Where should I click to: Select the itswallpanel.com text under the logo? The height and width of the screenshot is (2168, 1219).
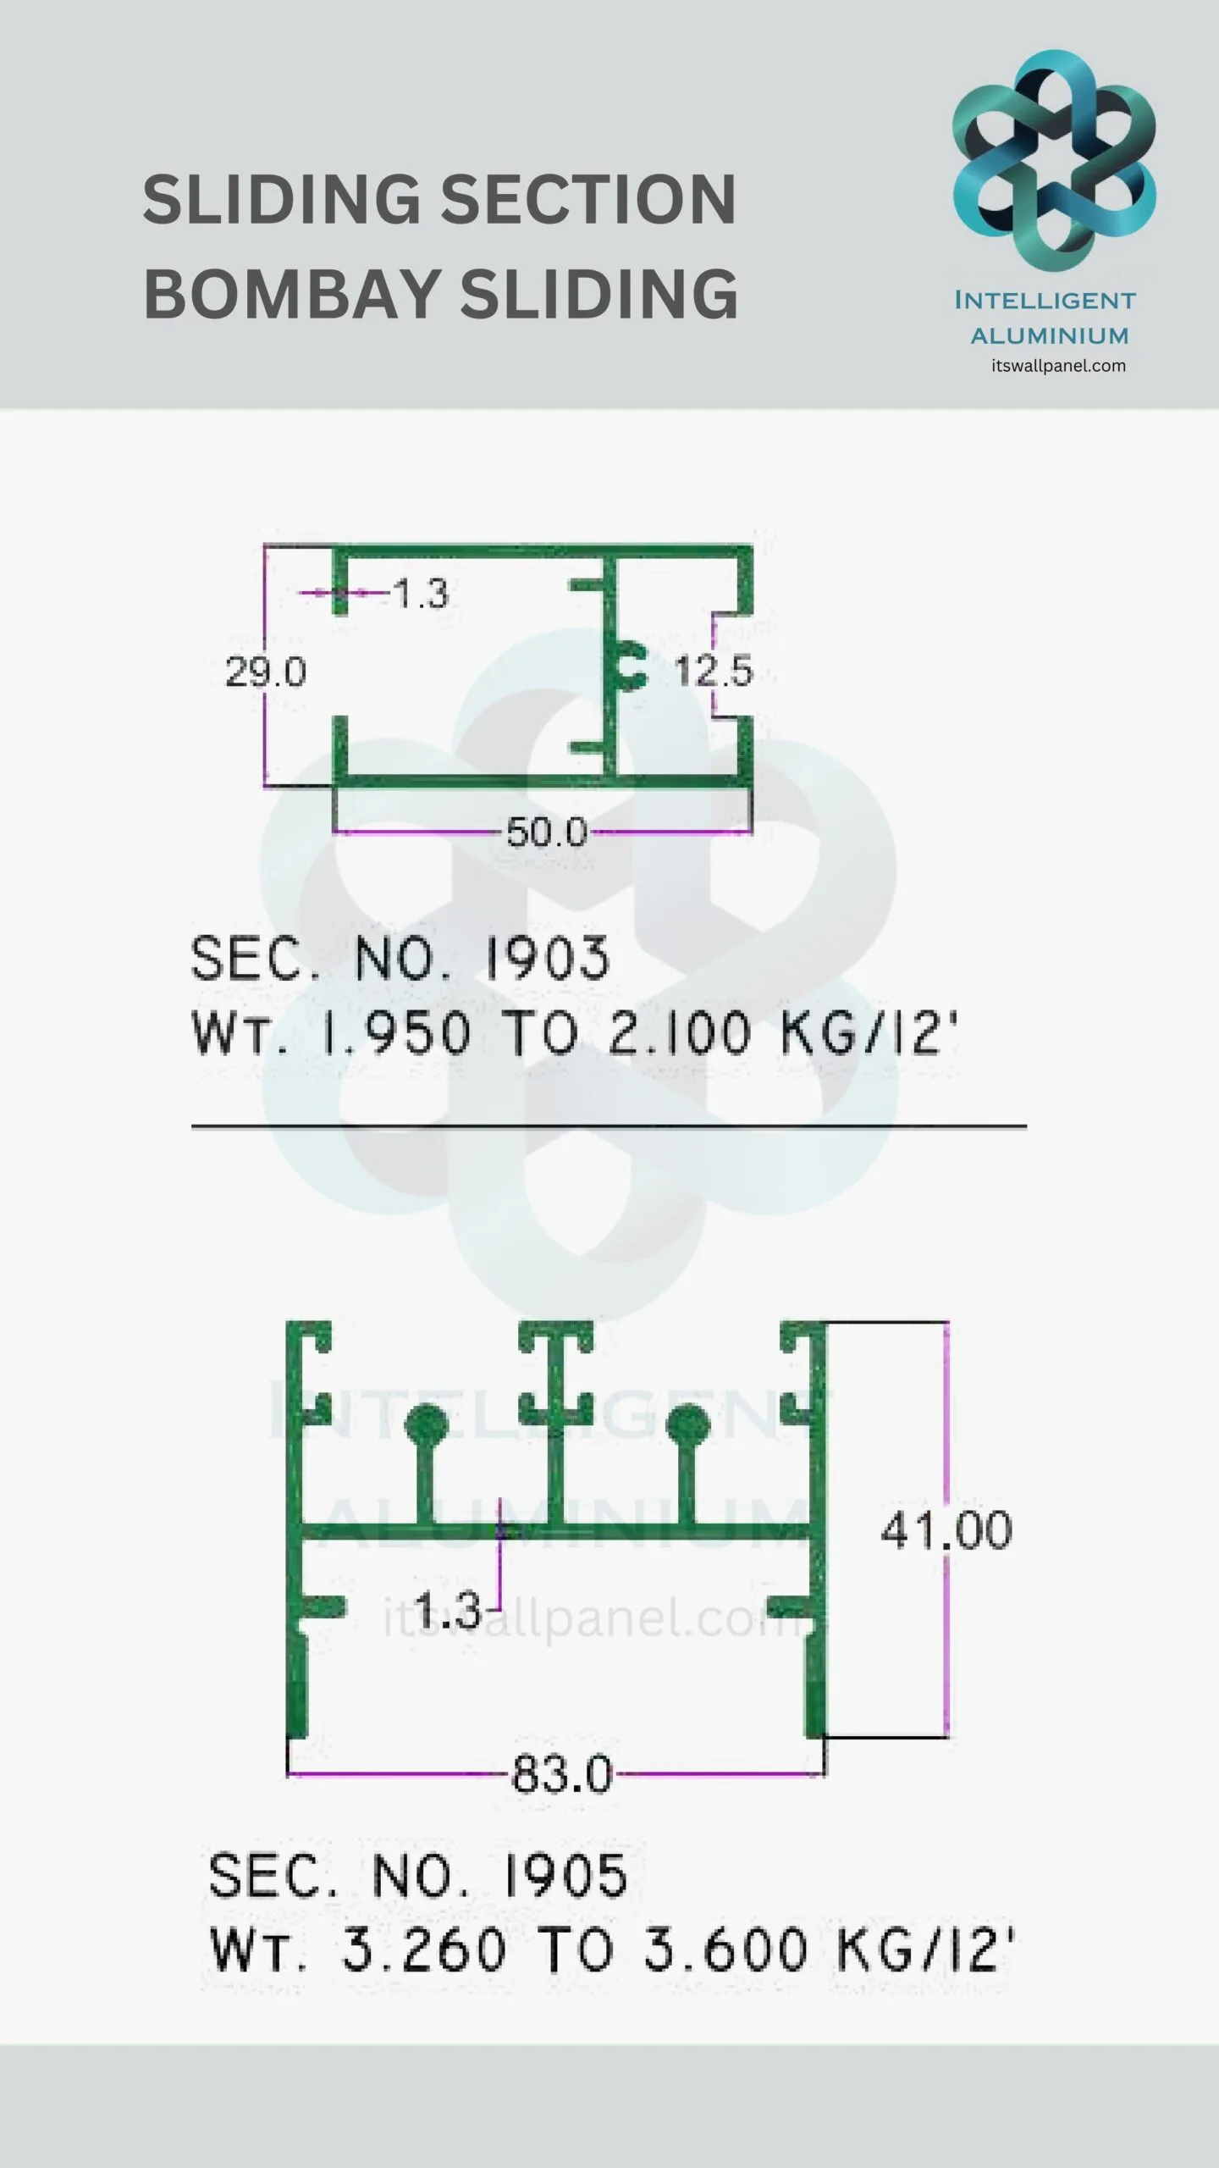(x=1058, y=366)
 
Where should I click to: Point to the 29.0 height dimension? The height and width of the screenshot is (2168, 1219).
(x=265, y=672)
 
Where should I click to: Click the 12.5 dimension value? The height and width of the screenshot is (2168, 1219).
(x=714, y=672)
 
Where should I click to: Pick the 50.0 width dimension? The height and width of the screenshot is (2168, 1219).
(x=547, y=833)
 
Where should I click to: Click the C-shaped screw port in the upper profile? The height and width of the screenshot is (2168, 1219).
(x=632, y=666)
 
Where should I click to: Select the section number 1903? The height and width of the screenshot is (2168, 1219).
(x=547, y=959)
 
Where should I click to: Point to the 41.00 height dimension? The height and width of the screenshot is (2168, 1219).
(x=946, y=1530)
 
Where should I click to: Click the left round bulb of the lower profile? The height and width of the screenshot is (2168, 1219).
(x=426, y=1426)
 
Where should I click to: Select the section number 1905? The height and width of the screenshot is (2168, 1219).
(x=565, y=1875)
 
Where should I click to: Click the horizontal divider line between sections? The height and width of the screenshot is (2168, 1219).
(x=609, y=1126)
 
